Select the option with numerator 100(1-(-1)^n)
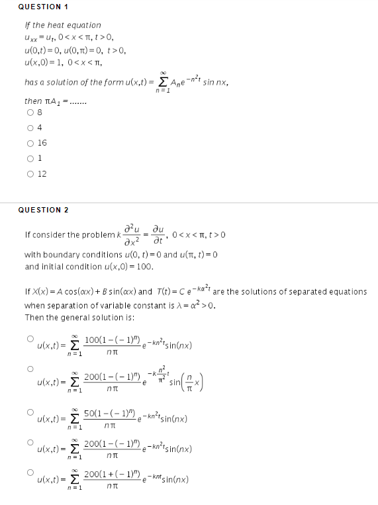coord(30,338)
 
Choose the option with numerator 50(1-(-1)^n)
coord(30,412)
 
